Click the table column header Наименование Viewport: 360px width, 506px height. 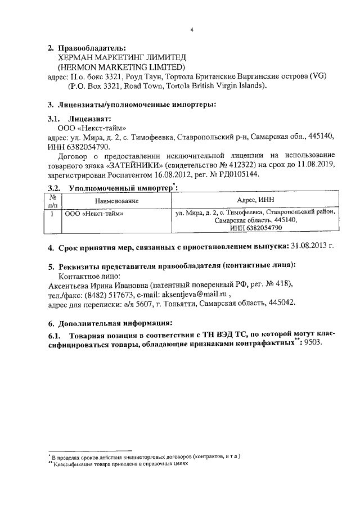click(116, 201)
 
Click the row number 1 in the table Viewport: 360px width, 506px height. click(52, 214)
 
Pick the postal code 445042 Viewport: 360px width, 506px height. click(280, 304)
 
